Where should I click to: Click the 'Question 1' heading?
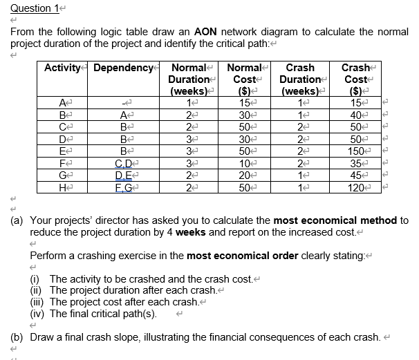pyautogui.click(x=31, y=8)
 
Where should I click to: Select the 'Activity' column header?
pyautogui.click(x=65, y=68)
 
